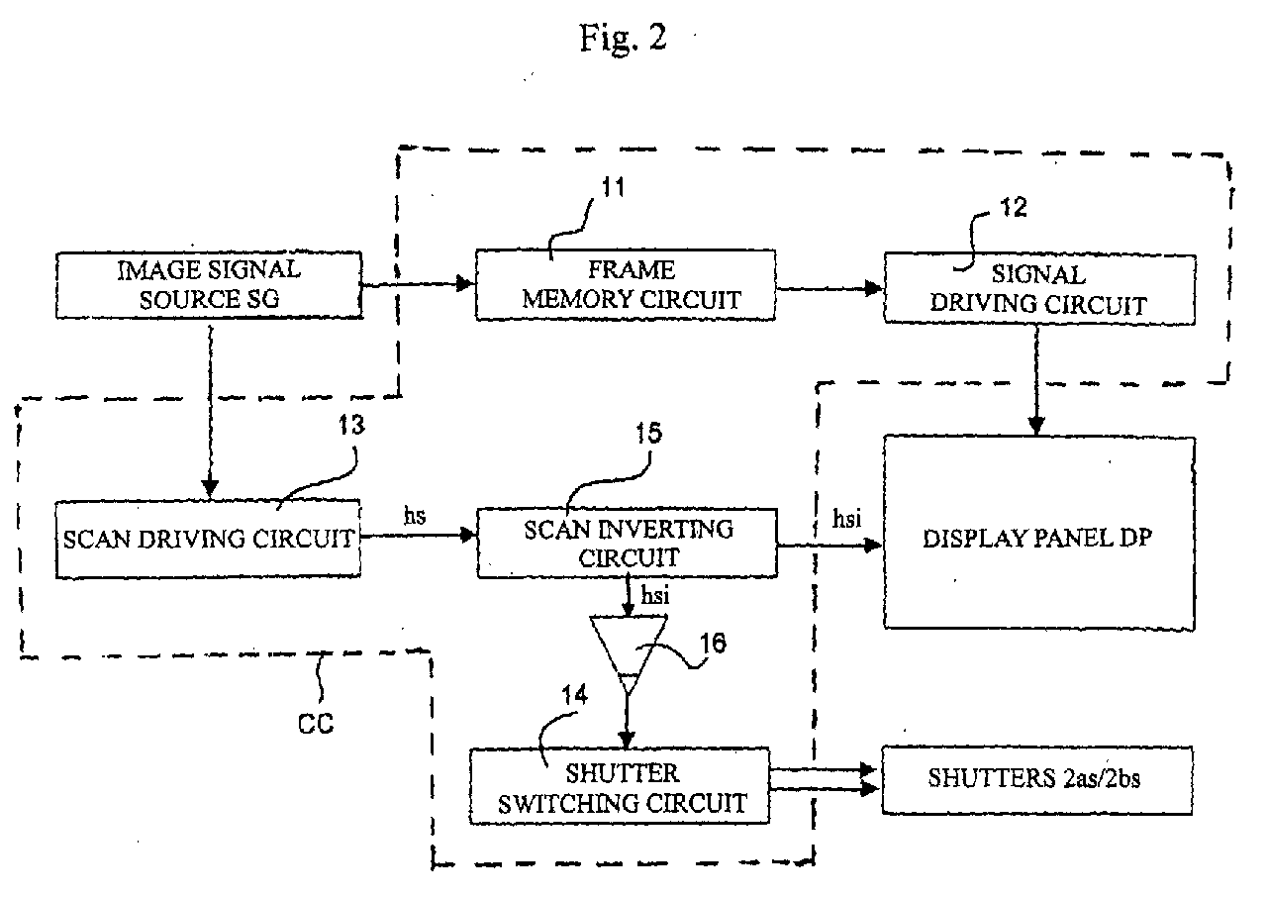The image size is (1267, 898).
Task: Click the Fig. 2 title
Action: tap(623, 38)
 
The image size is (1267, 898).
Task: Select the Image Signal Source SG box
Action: tap(207, 285)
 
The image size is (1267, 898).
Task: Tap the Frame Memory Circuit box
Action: tap(625, 285)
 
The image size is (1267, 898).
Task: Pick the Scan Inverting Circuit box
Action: tap(628, 544)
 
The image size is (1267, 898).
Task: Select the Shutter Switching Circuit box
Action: tap(620, 786)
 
